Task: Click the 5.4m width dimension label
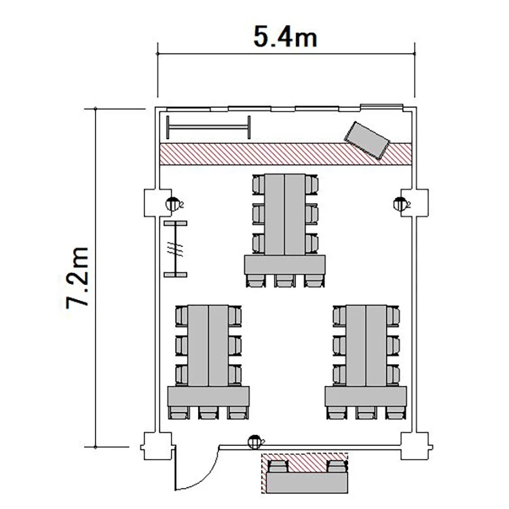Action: (x=285, y=37)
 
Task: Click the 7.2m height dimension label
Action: (x=77, y=278)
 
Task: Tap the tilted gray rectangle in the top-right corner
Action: (x=366, y=140)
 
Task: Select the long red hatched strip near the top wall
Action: (x=286, y=154)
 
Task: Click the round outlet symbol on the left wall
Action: (x=172, y=204)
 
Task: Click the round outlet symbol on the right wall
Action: (x=400, y=204)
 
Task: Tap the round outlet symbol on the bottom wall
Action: (x=254, y=442)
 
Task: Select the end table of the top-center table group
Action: (x=284, y=265)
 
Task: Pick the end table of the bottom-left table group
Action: (x=208, y=396)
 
